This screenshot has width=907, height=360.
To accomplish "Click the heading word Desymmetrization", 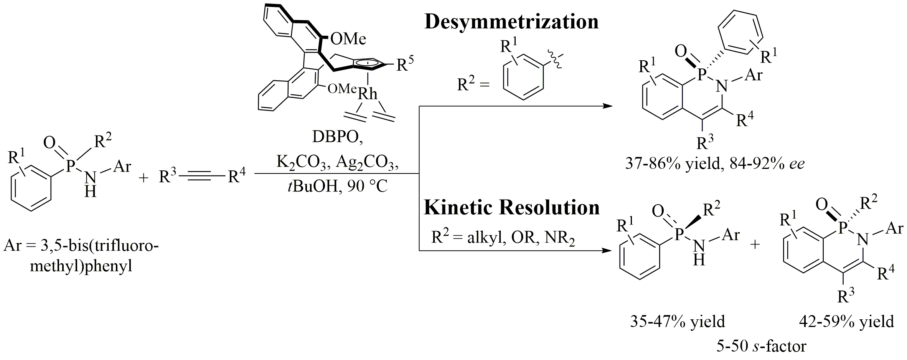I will [x=511, y=22].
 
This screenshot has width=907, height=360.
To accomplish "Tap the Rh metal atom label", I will [x=368, y=94].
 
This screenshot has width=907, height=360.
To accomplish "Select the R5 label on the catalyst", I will [x=406, y=64].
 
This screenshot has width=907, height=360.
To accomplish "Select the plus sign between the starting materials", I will [x=143, y=178].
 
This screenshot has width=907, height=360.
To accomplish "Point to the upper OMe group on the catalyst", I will [x=348, y=38].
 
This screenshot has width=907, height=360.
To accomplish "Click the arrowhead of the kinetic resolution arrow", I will [x=607, y=251].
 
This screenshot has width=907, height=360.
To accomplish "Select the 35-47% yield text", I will [x=678, y=322].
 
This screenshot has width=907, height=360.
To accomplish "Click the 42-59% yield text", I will [x=846, y=322].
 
